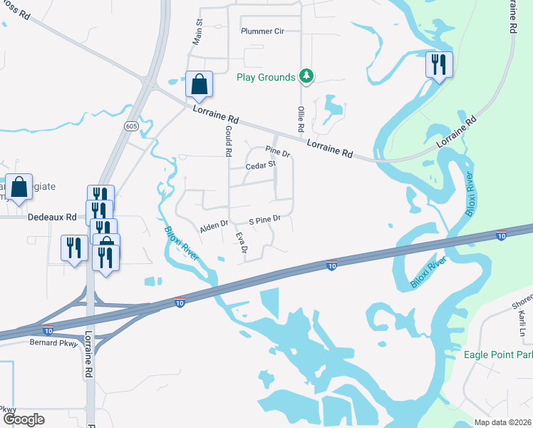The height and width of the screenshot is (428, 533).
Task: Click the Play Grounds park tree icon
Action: pyautogui.click(x=306, y=76)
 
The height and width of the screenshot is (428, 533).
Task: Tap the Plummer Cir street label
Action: pyautogui.click(x=262, y=31)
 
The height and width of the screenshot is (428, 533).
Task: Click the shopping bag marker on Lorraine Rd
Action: pyautogui.click(x=199, y=84)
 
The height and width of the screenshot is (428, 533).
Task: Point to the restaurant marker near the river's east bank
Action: pyautogui.click(x=438, y=65)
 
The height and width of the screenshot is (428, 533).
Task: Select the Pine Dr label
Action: pyautogui.click(x=278, y=153)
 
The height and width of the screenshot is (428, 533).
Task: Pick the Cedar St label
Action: pyautogui.click(x=260, y=165)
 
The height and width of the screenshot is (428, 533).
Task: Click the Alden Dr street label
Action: pyautogui.click(x=214, y=225)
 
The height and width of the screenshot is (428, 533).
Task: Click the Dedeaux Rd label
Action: pyautogui.click(x=51, y=217)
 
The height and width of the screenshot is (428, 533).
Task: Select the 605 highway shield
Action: pyautogui.click(x=130, y=126)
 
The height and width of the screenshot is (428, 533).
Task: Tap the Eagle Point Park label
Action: pyautogui.click(x=498, y=355)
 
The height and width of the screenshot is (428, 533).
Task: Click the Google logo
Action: pyautogui.click(x=24, y=419)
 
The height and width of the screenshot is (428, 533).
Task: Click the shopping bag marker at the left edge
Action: pyautogui.click(x=19, y=188)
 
